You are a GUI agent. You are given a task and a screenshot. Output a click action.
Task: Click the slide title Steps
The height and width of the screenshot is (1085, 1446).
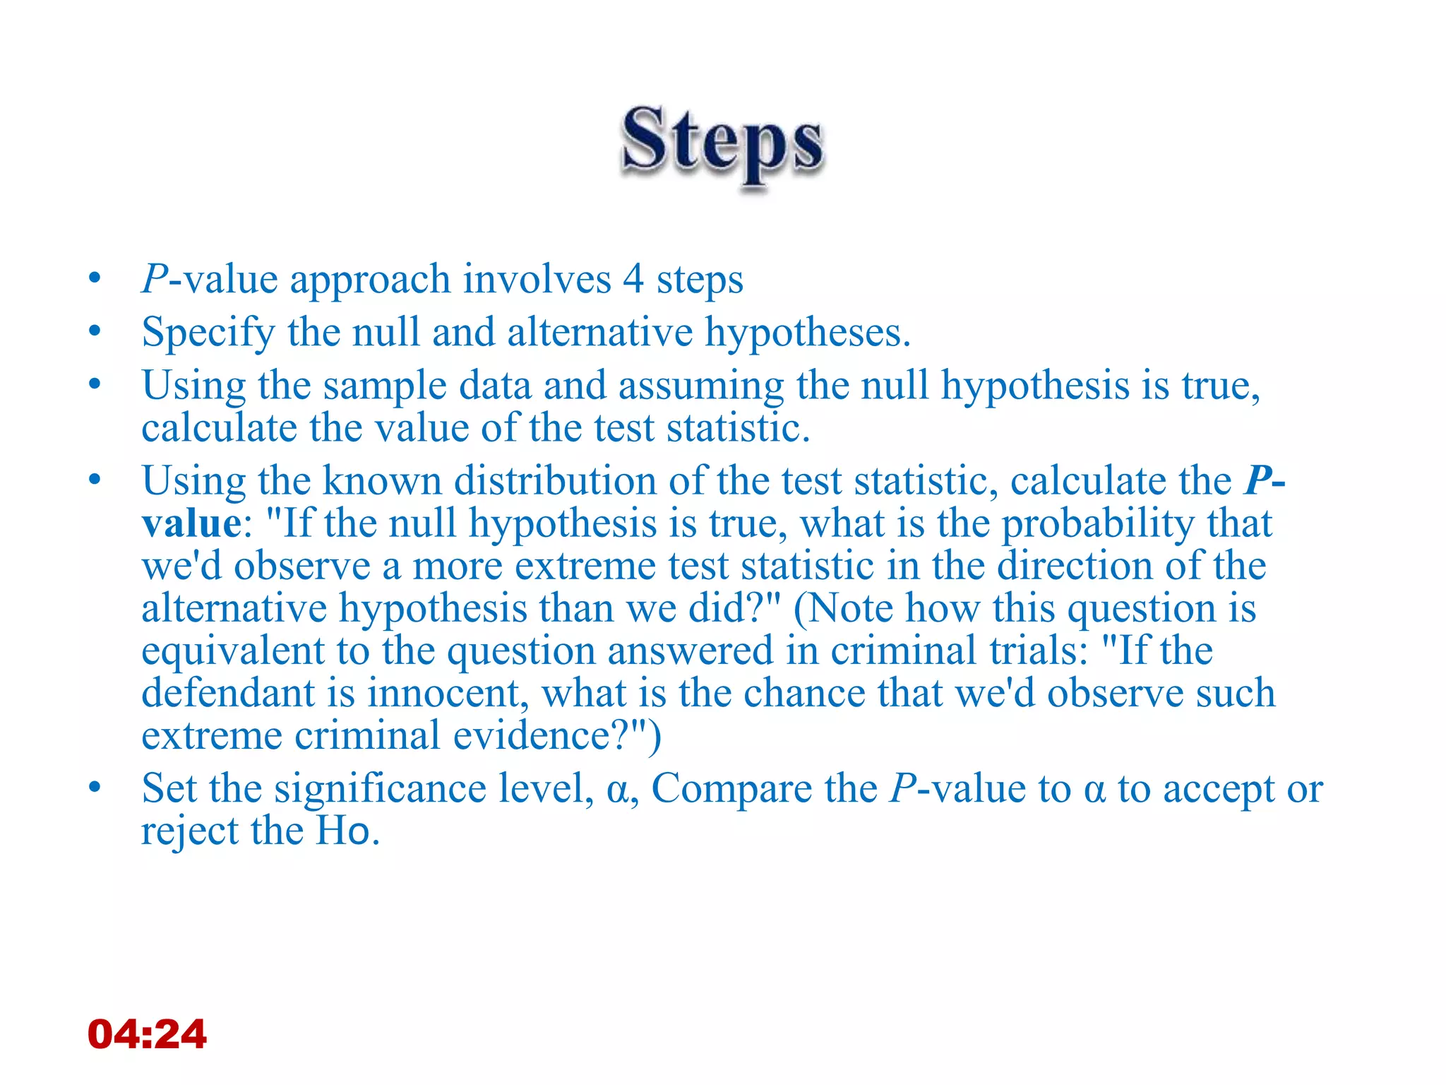click(x=722, y=141)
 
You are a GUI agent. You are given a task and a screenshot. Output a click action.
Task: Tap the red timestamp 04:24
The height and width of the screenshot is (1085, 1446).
click(x=147, y=1034)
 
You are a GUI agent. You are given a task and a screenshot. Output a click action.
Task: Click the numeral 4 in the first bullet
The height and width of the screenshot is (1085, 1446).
click(x=633, y=280)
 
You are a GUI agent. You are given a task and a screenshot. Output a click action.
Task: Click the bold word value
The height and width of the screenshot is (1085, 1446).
click(x=191, y=524)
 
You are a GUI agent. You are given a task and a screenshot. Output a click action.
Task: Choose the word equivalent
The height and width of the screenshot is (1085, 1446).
click(x=233, y=651)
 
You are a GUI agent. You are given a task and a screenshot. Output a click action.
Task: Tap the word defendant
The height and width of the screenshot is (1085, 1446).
click(x=228, y=694)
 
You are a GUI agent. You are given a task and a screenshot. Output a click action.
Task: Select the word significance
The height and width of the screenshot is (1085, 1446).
click(x=381, y=789)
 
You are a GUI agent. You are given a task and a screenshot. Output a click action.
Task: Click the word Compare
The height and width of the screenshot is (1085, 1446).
click(x=731, y=789)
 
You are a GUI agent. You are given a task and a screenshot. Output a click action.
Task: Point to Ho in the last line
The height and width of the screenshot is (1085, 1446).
click(x=343, y=831)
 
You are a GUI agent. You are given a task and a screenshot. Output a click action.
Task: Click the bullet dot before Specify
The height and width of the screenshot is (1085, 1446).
click(x=95, y=331)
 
